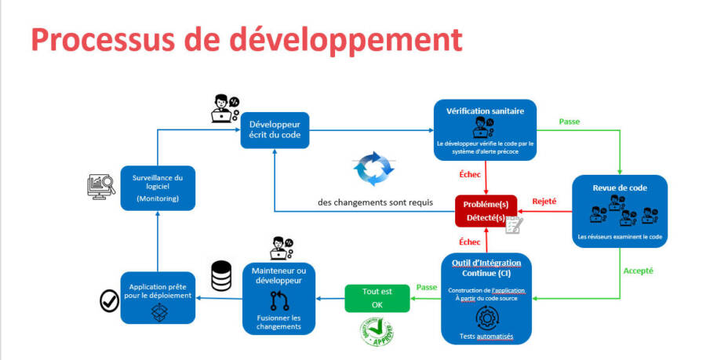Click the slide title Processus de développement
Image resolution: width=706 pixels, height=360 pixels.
(246, 38)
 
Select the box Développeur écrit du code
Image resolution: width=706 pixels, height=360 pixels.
(275, 130)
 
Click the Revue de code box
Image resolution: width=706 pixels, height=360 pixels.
(620, 211)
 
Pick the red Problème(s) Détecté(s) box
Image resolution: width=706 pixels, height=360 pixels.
(486, 210)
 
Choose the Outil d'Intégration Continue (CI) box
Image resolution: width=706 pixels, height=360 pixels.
(487, 298)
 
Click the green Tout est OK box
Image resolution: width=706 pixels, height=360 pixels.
(377, 296)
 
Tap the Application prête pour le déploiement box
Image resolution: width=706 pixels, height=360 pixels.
(158, 297)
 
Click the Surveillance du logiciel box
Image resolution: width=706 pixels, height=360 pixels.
(158, 187)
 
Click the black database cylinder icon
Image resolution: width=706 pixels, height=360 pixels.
(221, 275)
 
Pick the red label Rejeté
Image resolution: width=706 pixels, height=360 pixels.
(544, 201)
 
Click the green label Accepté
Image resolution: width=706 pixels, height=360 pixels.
(638, 271)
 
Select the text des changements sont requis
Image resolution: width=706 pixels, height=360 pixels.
(375, 202)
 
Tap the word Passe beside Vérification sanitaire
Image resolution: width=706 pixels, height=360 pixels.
(570, 122)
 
